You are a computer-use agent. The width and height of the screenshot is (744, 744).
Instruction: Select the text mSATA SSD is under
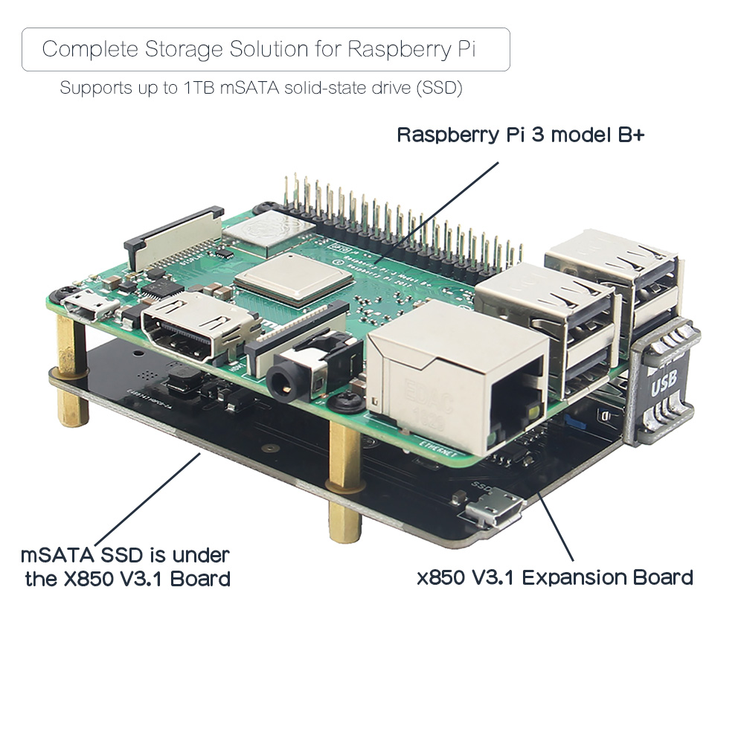125,554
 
